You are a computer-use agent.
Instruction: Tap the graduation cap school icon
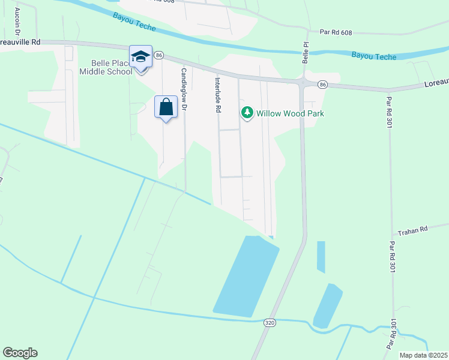pyautogui.click(x=140, y=56)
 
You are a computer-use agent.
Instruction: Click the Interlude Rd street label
pyautogui.click(x=218, y=95)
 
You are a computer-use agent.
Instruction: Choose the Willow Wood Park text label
pyautogui.click(x=290, y=113)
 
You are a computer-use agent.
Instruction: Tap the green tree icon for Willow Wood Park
pyautogui.click(x=247, y=112)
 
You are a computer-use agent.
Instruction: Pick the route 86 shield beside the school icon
pyautogui.click(x=158, y=55)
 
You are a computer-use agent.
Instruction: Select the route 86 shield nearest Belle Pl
pyautogui.click(x=323, y=85)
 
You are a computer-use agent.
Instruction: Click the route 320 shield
pyautogui.click(x=270, y=323)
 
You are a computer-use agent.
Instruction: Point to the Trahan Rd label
pyautogui.click(x=415, y=229)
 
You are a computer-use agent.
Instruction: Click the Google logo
pyautogui.click(x=20, y=353)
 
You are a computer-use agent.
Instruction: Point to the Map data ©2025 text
pyautogui.click(x=424, y=355)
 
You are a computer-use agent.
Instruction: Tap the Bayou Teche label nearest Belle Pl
pyautogui.click(x=374, y=56)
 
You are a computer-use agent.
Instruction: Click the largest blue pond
pyautogui.click(x=246, y=276)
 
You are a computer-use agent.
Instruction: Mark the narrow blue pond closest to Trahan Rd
pyautogui.click(x=321, y=257)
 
